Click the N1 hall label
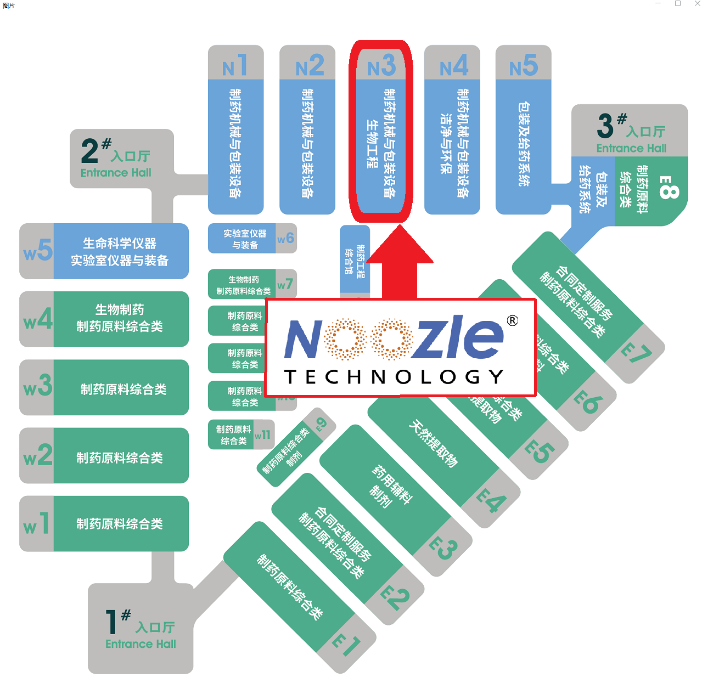pyautogui.click(x=235, y=65)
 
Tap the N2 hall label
pyautogui.click(x=309, y=66)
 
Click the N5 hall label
pyautogui.click(x=523, y=66)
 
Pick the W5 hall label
pyautogui.click(x=38, y=251)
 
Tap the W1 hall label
pyautogui.click(x=36, y=524)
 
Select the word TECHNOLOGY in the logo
pyautogui.click(x=393, y=376)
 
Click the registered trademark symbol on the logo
pyautogui.click(x=512, y=320)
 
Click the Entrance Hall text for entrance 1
pyautogui.click(x=141, y=644)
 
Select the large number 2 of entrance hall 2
pyautogui.click(x=89, y=151)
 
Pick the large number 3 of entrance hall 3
pyautogui.click(x=605, y=126)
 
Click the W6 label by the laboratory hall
pyautogui.click(x=285, y=238)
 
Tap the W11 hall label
pyautogui.click(x=262, y=434)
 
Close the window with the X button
pyautogui.click(x=697, y=4)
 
